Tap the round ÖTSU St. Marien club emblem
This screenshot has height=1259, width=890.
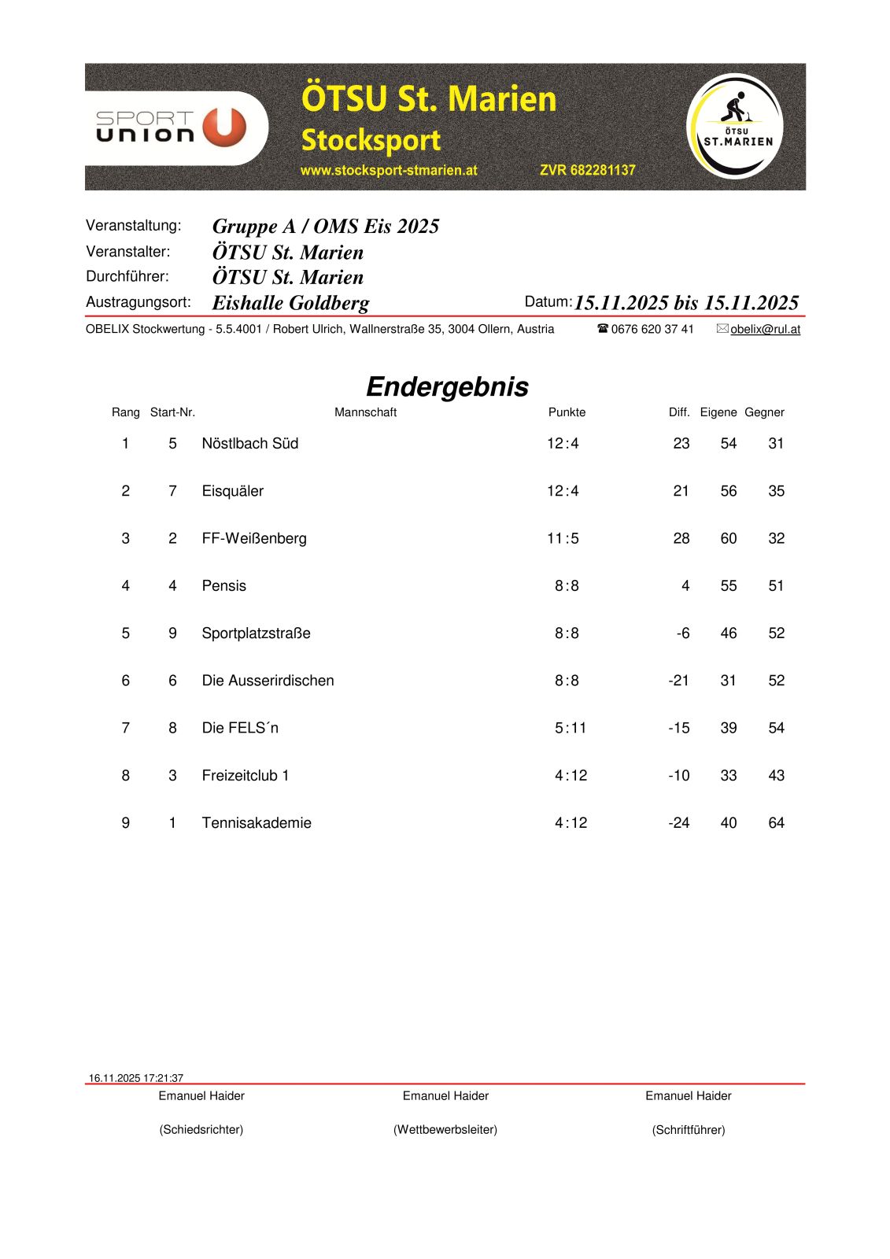(x=736, y=127)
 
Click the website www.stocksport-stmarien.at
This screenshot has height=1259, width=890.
(x=389, y=170)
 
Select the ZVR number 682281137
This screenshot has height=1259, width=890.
(x=587, y=170)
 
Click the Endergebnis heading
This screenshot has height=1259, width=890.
(x=447, y=386)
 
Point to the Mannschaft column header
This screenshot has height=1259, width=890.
(x=365, y=412)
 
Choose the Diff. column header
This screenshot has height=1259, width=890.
(x=678, y=412)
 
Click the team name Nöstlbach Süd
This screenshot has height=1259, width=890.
(x=250, y=444)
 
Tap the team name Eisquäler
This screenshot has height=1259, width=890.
(x=232, y=491)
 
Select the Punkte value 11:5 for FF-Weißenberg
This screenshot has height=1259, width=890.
(x=563, y=538)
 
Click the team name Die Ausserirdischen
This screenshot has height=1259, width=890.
(x=268, y=681)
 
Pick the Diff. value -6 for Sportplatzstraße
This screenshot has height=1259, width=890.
(x=683, y=633)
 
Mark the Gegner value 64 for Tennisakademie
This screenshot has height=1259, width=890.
(x=776, y=823)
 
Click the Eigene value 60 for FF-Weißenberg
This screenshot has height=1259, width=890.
(x=729, y=538)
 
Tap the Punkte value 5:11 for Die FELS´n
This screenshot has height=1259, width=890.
(x=571, y=728)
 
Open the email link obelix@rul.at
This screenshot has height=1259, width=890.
(x=765, y=330)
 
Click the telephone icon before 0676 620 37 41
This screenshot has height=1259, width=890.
(x=603, y=329)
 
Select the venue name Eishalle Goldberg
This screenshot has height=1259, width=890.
(x=290, y=303)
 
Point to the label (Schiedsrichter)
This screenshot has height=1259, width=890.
(x=201, y=1130)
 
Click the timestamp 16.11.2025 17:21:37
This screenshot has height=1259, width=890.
(x=136, y=1078)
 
